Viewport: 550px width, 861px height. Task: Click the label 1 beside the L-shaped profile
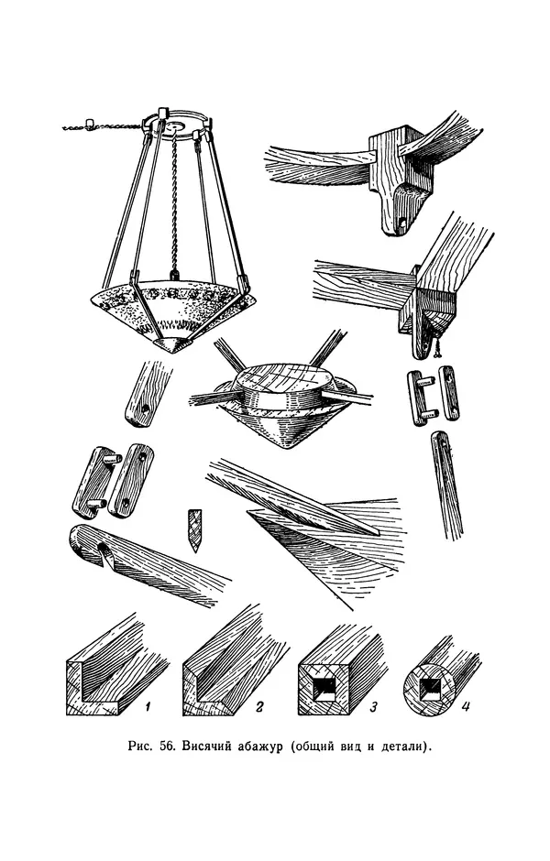(x=147, y=707)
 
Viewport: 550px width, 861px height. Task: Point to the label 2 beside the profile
(x=260, y=707)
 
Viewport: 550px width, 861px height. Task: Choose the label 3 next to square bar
(x=373, y=707)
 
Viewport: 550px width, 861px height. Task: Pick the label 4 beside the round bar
(x=466, y=706)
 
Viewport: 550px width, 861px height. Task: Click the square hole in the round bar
(x=429, y=687)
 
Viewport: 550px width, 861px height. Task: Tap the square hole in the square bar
(x=323, y=687)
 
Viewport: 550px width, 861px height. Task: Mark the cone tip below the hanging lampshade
(x=172, y=345)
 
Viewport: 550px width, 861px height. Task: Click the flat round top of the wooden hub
(x=280, y=379)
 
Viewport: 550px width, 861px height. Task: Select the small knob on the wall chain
(x=90, y=122)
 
